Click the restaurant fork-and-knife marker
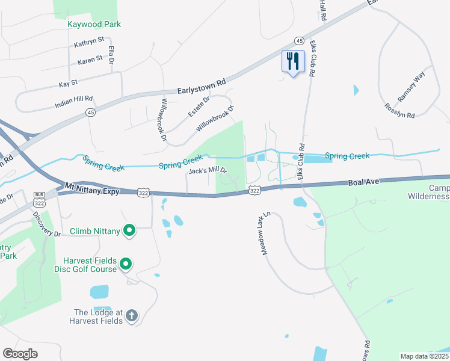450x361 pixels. click(x=293, y=61)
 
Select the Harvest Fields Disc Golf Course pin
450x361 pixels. click(x=126, y=264)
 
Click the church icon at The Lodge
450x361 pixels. click(x=132, y=315)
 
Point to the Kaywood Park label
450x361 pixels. click(x=94, y=25)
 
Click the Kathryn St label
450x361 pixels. click(x=89, y=44)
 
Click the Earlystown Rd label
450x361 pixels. click(x=201, y=87)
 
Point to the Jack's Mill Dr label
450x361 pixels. click(x=208, y=171)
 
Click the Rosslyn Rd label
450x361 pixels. click(x=399, y=111)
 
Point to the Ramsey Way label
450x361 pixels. click(x=411, y=88)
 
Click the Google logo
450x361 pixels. click(x=20, y=354)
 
